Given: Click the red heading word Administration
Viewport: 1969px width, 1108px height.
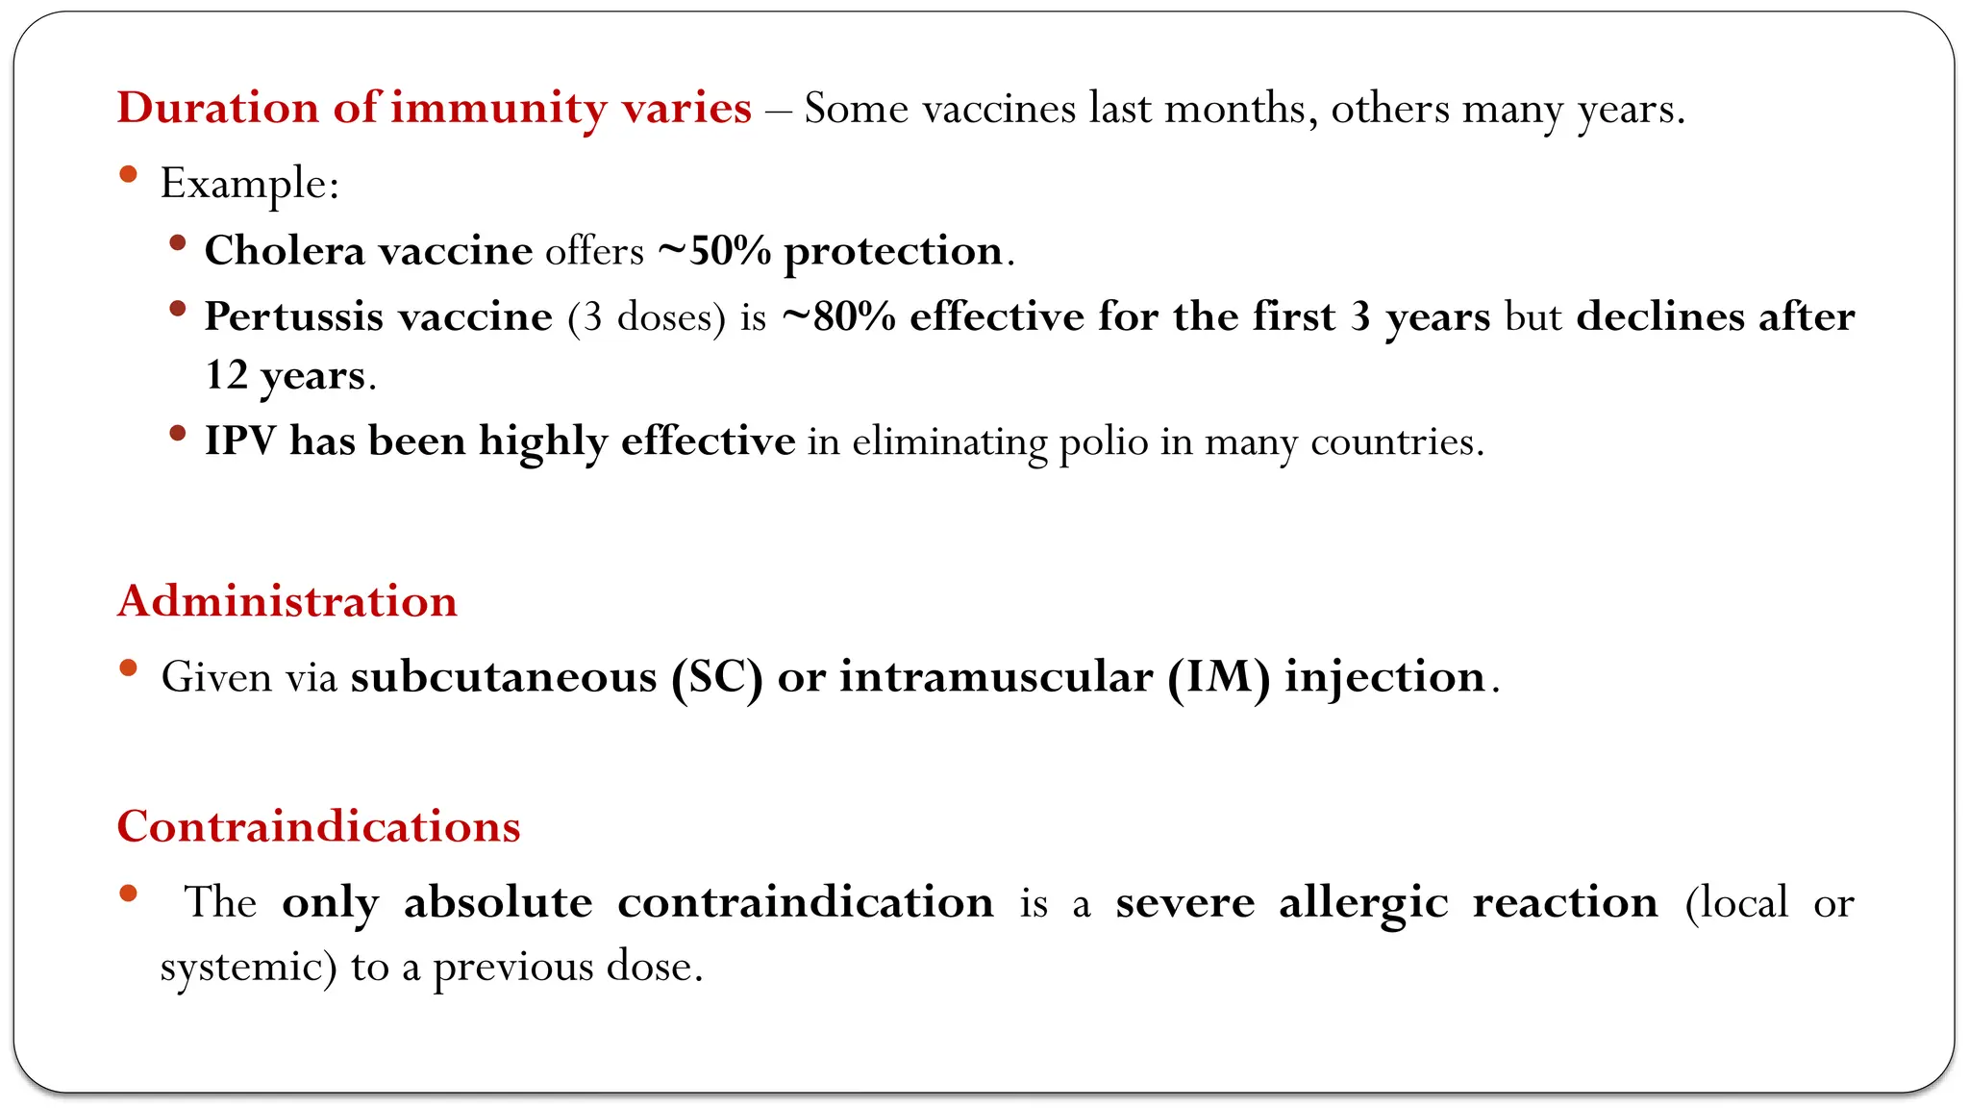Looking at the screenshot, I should [x=287, y=602].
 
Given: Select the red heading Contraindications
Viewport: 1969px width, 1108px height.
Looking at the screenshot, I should [x=318, y=827].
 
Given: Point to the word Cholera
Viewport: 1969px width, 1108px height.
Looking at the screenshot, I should [x=285, y=251].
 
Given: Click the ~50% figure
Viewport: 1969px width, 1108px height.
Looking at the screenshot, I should [x=714, y=251].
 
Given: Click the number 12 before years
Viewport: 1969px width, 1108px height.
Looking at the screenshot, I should [x=226, y=375].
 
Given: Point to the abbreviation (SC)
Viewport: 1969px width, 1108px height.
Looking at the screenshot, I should [x=717, y=678].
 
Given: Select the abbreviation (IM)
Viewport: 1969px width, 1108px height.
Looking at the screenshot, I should [x=1219, y=678].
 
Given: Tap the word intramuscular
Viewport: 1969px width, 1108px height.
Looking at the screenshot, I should [x=996, y=677].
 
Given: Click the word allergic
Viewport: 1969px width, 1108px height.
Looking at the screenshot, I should [x=1362, y=903].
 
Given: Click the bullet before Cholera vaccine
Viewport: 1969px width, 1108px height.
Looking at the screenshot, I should [x=177, y=244].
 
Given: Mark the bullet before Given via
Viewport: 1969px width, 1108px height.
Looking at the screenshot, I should [x=129, y=668].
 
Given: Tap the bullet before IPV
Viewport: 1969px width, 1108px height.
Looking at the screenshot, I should [x=177, y=434].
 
